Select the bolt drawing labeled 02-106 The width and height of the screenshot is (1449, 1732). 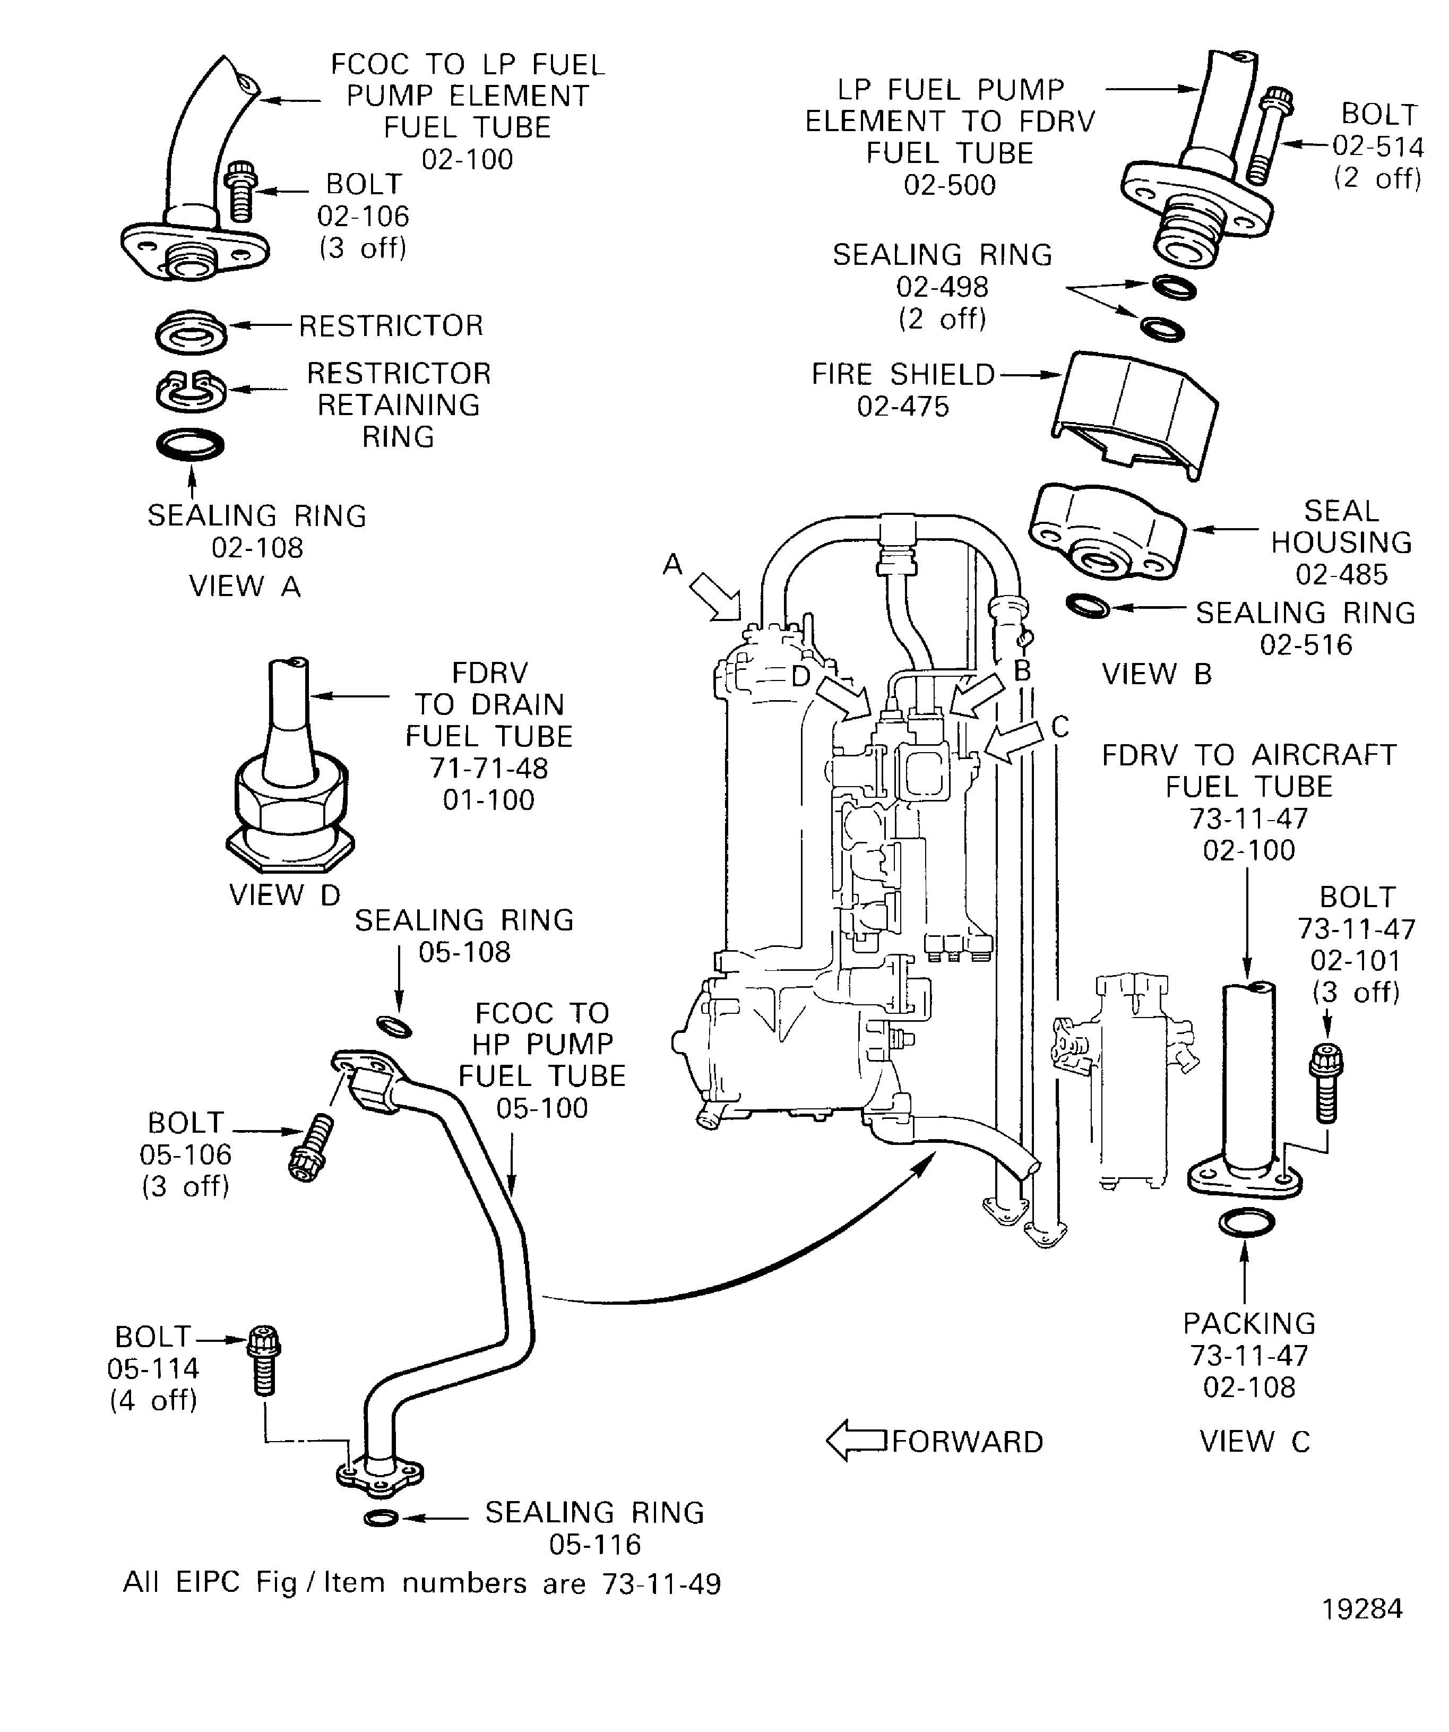[x=240, y=191]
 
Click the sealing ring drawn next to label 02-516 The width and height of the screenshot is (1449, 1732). [x=1088, y=606]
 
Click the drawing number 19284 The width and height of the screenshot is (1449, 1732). [x=1361, y=1608]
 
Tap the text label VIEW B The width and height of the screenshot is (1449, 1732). [x=1156, y=675]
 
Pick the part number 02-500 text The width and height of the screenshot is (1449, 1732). [x=949, y=185]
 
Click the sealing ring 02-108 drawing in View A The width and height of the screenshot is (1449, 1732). [x=191, y=445]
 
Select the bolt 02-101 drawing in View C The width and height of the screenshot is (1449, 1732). [x=1325, y=1082]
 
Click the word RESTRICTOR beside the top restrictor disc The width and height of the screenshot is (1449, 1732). [x=391, y=326]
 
